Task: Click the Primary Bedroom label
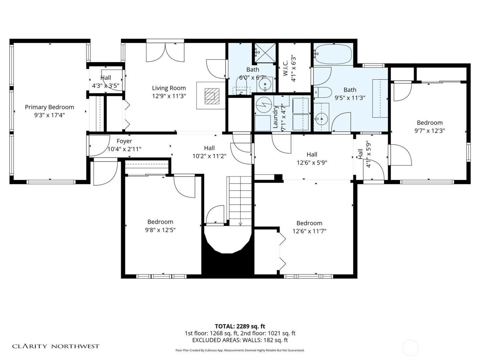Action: click(49, 107)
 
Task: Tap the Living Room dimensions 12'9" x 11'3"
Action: click(169, 96)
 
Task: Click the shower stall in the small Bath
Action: click(265, 53)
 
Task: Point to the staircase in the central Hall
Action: click(240, 201)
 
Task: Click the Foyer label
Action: click(124, 141)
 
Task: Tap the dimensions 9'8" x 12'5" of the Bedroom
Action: click(160, 230)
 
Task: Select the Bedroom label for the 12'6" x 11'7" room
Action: click(309, 223)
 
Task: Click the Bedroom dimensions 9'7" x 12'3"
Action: click(430, 131)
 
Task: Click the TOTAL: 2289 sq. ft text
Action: click(240, 326)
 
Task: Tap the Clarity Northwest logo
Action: click(56, 346)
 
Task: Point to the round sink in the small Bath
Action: click(265, 84)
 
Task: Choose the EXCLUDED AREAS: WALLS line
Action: click(240, 340)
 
